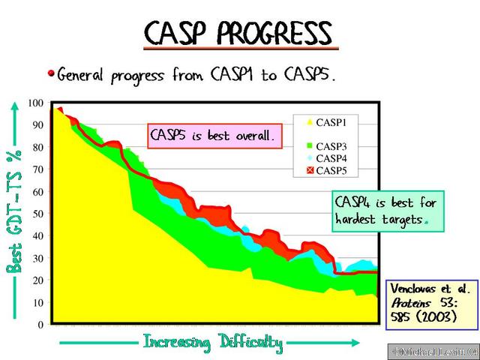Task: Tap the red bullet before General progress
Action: (51, 73)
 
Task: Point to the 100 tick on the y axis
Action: (36, 103)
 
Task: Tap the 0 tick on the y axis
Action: (40, 325)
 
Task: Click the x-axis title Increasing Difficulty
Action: (213, 343)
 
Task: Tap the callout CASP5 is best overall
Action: (214, 136)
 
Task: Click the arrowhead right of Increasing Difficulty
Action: (373, 343)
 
